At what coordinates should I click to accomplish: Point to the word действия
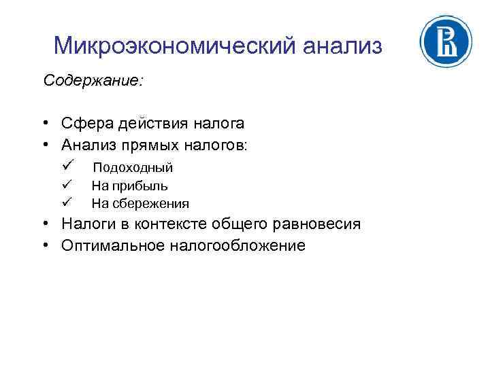click(144, 124)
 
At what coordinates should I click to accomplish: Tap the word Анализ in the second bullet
click(87, 145)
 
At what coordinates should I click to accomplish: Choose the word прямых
click(149, 145)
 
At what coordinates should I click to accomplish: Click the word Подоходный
click(133, 167)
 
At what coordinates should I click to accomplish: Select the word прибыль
click(139, 186)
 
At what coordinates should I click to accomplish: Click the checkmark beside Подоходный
click(66, 166)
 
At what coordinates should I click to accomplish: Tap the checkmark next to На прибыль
click(66, 184)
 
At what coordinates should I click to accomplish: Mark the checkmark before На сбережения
click(66, 202)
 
